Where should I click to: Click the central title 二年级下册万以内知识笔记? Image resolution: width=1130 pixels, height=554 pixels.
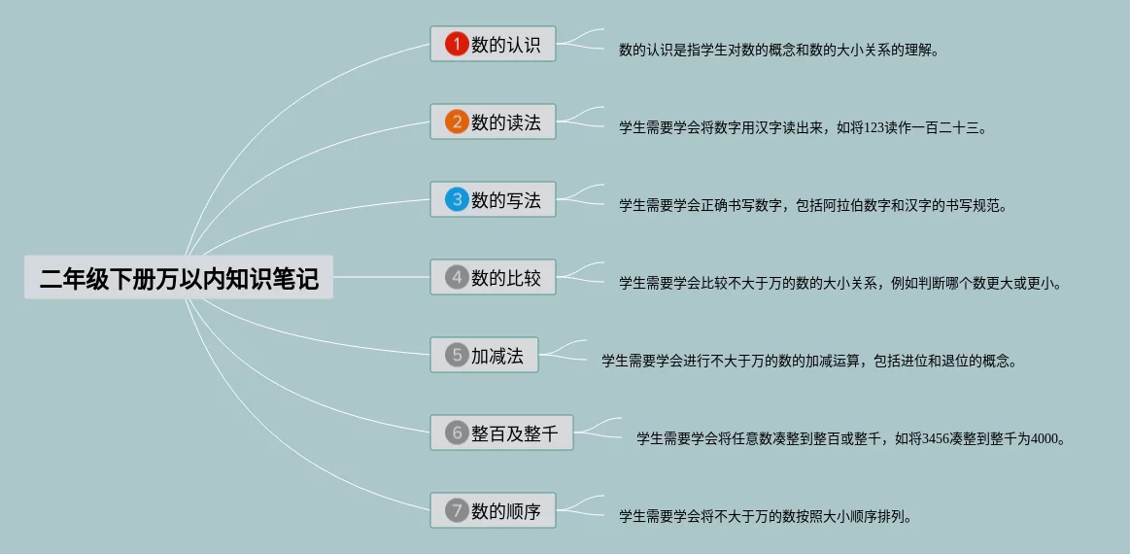[179, 278]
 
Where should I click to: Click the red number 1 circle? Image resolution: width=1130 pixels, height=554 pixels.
[457, 44]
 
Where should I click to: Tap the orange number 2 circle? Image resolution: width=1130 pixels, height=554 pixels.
[457, 122]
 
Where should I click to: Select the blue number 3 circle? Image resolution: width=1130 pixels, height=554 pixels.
[457, 200]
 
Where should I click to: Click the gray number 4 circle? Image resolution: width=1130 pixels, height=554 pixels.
[457, 278]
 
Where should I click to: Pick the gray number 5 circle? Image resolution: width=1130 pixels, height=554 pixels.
[457, 356]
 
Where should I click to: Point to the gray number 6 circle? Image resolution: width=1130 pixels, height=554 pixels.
[457, 433]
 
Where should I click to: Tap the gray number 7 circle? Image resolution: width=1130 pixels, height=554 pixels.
[457, 510]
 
